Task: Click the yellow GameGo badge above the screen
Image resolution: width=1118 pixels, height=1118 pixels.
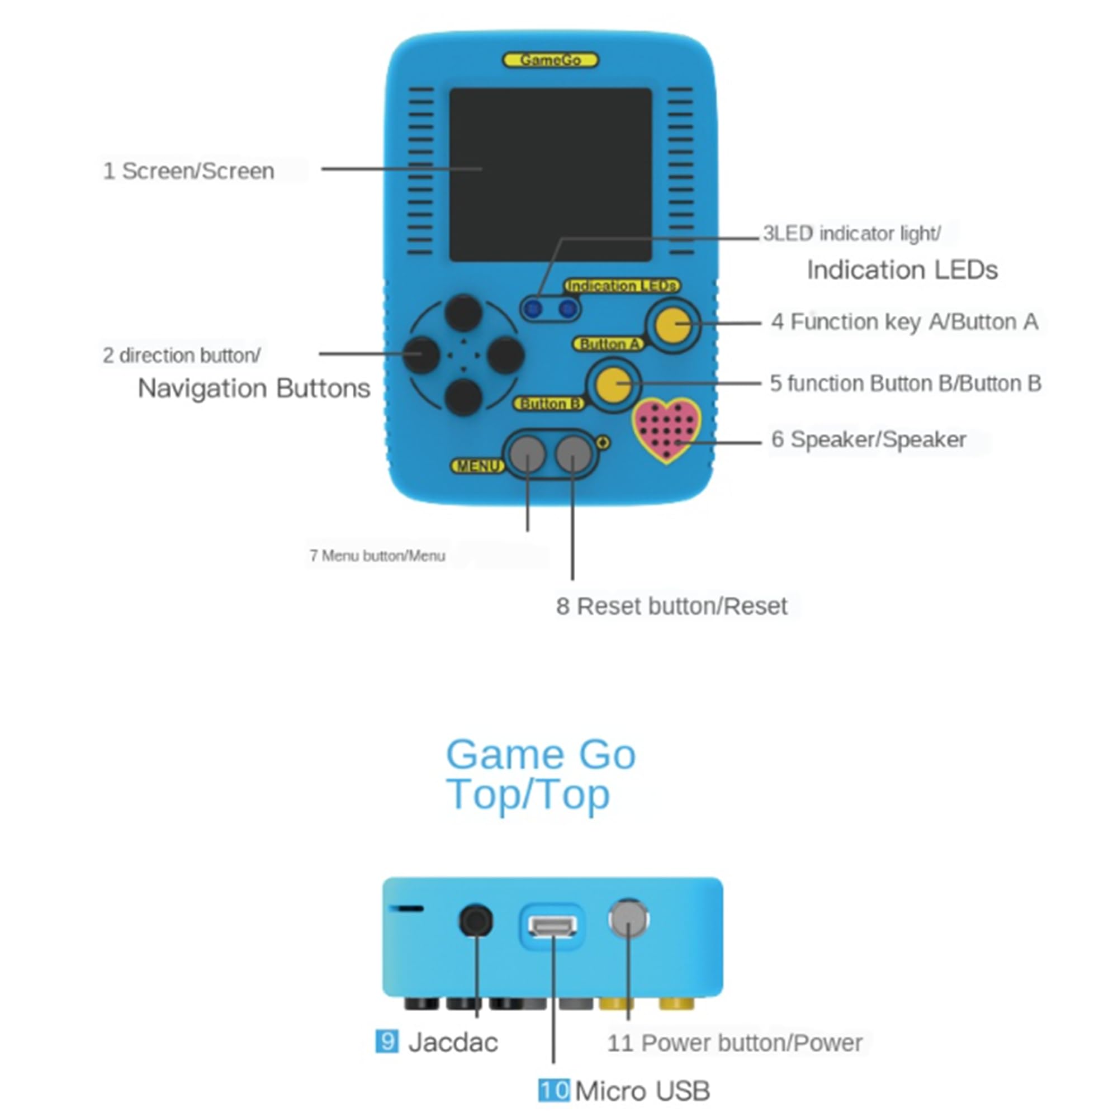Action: [549, 60]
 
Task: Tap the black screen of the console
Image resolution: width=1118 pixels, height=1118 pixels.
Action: [550, 174]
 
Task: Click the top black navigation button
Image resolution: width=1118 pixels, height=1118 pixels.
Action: [463, 313]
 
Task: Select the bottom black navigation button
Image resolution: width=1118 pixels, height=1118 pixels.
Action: [463, 397]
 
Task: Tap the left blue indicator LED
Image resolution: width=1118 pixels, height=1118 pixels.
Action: [533, 309]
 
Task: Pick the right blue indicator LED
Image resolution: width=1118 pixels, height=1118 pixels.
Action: [569, 309]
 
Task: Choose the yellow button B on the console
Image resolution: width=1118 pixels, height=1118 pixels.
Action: [613, 383]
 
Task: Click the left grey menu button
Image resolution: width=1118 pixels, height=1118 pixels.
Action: [527, 454]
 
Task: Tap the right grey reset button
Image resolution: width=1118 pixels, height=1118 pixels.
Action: [573, 454]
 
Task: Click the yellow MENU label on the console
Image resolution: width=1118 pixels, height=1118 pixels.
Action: [477, 466]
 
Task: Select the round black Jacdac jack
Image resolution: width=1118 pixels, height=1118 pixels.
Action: [476, 920]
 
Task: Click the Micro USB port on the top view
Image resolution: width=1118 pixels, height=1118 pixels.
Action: [552, 926]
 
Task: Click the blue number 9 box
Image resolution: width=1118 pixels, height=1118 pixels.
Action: [387, 1041]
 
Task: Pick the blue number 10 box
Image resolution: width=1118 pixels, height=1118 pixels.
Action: [553, 1090]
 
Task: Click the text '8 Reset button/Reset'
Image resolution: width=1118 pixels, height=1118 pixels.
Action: [671, 607]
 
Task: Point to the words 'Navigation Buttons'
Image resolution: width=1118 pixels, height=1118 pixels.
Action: [253, 389]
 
